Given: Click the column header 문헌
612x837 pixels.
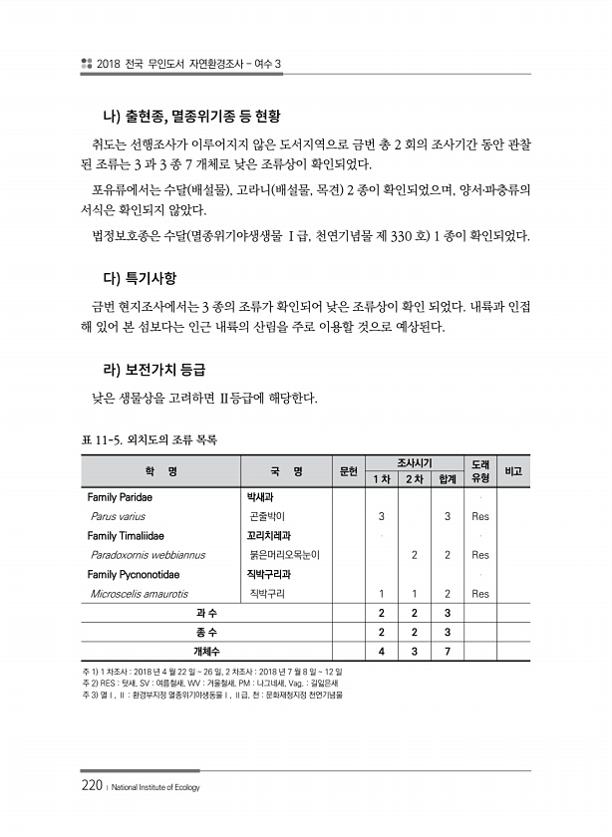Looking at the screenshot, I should (348, 470).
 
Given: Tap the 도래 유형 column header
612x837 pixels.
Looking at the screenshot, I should (479, 470).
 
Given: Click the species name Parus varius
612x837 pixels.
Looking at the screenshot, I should (118, 516).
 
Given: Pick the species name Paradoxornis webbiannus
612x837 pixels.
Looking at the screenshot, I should (148, 554).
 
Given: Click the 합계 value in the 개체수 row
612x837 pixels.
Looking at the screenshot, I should (448, 651).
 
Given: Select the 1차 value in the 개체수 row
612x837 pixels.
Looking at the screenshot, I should (382, 651).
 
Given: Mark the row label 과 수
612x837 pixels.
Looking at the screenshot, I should (207, 612).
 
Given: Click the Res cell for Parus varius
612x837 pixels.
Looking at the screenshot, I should (479, 516).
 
